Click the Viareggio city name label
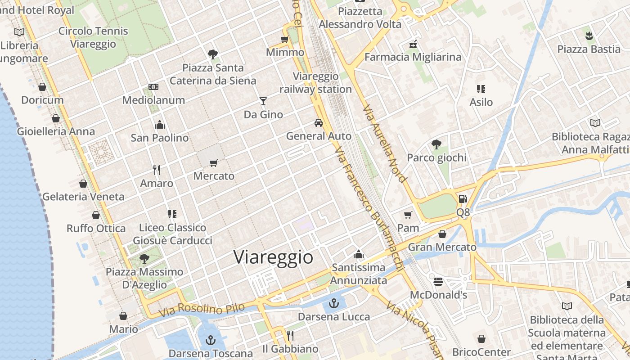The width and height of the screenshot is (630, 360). [x=273, y=257]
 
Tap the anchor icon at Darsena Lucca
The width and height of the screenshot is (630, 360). [x=334, y=303]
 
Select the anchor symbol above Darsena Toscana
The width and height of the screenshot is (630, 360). [x=210, y=340]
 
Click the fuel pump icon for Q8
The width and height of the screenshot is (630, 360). [x=463, y=198]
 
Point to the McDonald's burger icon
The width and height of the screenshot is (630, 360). [x=438, y=282]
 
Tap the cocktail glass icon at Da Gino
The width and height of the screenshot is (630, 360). [x=263, y=101]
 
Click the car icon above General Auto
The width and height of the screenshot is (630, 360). [x=319, y=122]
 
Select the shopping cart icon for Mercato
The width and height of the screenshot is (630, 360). [x=214, y=163]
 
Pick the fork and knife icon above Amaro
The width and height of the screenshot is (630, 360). [x=157, y=170]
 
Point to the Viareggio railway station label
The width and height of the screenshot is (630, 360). [x=315, y=83]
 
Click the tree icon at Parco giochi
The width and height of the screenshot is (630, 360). [x=436, y=144]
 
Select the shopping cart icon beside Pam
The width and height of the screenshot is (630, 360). [x=408, y=215]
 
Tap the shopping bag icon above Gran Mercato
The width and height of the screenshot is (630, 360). [x=442, y=234]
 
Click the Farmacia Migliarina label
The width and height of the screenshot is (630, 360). [x=413, y=57]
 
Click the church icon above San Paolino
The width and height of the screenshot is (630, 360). [x=160, y=125]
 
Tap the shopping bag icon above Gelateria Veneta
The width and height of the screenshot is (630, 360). [x=83, y=184]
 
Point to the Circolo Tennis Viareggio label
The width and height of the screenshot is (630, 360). [x=93, y=38]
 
